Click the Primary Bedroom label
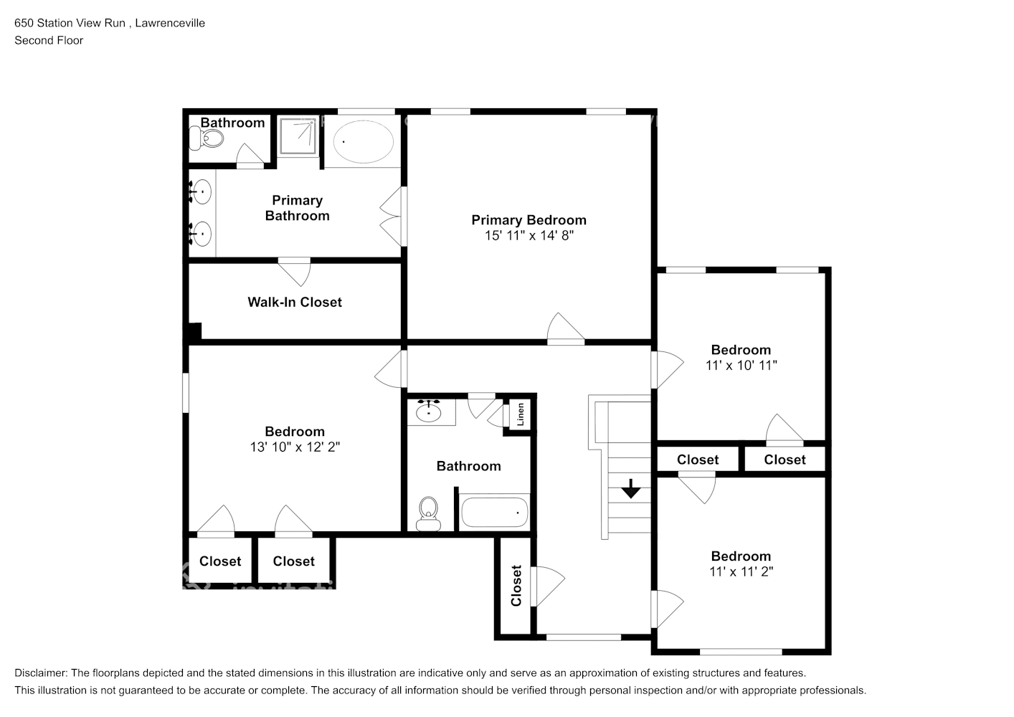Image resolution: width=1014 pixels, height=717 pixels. click(529, 220)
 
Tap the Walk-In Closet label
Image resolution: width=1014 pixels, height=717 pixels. click(295, 303)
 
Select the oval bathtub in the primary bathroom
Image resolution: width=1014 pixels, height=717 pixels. click(364, 142)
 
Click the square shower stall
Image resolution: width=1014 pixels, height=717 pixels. click(298, 136)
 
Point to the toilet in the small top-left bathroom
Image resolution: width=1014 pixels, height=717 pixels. click(206, 138)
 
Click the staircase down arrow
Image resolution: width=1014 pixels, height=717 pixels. click(630, 488)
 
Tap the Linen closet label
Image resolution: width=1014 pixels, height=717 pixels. click(521, 414)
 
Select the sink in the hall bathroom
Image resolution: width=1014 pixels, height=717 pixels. click(428, 411)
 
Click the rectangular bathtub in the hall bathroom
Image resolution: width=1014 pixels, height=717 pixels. click(494, 512)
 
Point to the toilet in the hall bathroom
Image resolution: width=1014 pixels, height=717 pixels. click(428, 514)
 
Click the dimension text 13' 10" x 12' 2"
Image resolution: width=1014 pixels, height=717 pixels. click(295, 447)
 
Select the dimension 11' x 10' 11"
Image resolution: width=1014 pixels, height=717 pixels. click(741, 365)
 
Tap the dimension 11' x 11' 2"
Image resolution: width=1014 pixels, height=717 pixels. click(741, 571)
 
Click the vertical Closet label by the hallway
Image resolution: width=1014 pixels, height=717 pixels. click(516, 585)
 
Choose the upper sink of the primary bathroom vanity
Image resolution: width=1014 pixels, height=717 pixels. click(200, 192)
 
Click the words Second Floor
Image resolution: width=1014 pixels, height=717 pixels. click(49, 40)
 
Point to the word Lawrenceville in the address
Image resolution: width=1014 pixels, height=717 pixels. click(170, 23)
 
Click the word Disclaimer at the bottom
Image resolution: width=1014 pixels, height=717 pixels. click(40, 673)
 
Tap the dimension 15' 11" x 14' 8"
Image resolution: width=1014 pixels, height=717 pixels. click(529, 236)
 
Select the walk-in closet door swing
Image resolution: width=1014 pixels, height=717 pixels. click(295, 272)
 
